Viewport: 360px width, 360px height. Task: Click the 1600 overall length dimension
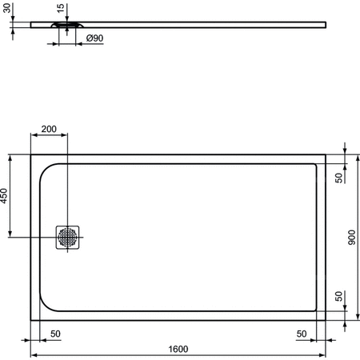pyautogui.click(x=178, y=348)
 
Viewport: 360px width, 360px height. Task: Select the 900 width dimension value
pyautogui.click(x=352, y=238)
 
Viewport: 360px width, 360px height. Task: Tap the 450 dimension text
pyautogui.click(x=5, y=196)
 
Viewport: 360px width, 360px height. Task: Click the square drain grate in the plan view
pyautogui.click(x=68, y=237)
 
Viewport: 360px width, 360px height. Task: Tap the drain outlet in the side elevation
pyautogui.click(x=66, y=24)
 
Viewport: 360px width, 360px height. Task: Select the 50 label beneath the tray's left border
pyautogui.click(x=55, y=333)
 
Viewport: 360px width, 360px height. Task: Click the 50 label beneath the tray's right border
pyautogui.click(x=302, y=333)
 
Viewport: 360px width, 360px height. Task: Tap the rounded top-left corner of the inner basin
pyautogui.click(x=48, y=170)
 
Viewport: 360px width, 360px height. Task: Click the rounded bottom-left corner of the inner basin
pyautogui.click(x=48, y=304)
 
